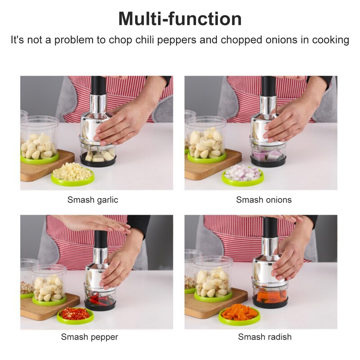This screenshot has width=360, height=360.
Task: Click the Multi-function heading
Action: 180,19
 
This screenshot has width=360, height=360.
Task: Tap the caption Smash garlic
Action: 93,200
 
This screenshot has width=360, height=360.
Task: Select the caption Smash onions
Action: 264,200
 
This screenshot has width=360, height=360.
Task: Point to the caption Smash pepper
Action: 90,337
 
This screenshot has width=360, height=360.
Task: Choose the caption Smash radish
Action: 265,337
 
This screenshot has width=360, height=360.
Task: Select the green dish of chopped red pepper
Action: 75,315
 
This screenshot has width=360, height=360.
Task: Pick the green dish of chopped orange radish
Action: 239,314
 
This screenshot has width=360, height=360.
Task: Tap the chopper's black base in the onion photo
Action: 268,162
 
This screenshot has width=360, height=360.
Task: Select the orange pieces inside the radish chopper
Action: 271,297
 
